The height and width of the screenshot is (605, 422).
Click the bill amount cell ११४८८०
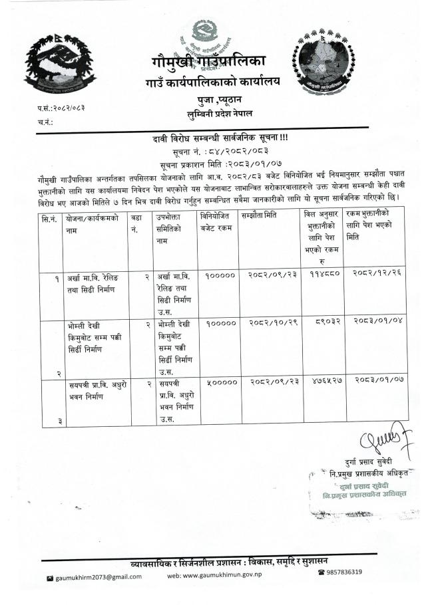pyautogui.click(x=322, y=274)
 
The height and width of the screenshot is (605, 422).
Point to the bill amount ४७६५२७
pyautogui.click(x=323, y=382)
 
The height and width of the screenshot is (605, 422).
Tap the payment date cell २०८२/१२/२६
pyautogui.click(x=376, y=274)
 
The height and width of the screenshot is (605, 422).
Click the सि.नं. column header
pyautogui.click(x=49, y=217)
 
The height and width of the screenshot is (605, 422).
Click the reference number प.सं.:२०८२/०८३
pyautogui.click(x=61, y=107)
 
